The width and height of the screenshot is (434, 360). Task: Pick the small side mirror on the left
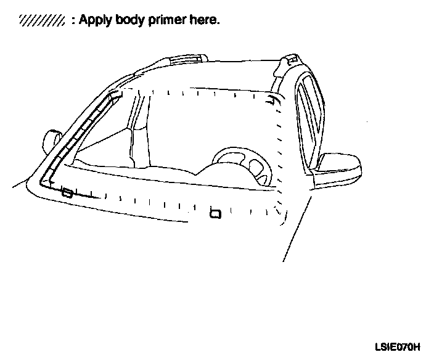51,139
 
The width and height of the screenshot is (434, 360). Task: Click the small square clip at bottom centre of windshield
215,214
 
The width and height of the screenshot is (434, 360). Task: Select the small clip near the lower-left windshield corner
67,194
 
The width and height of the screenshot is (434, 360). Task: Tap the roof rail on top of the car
185,60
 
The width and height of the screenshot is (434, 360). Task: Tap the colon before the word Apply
73,21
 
